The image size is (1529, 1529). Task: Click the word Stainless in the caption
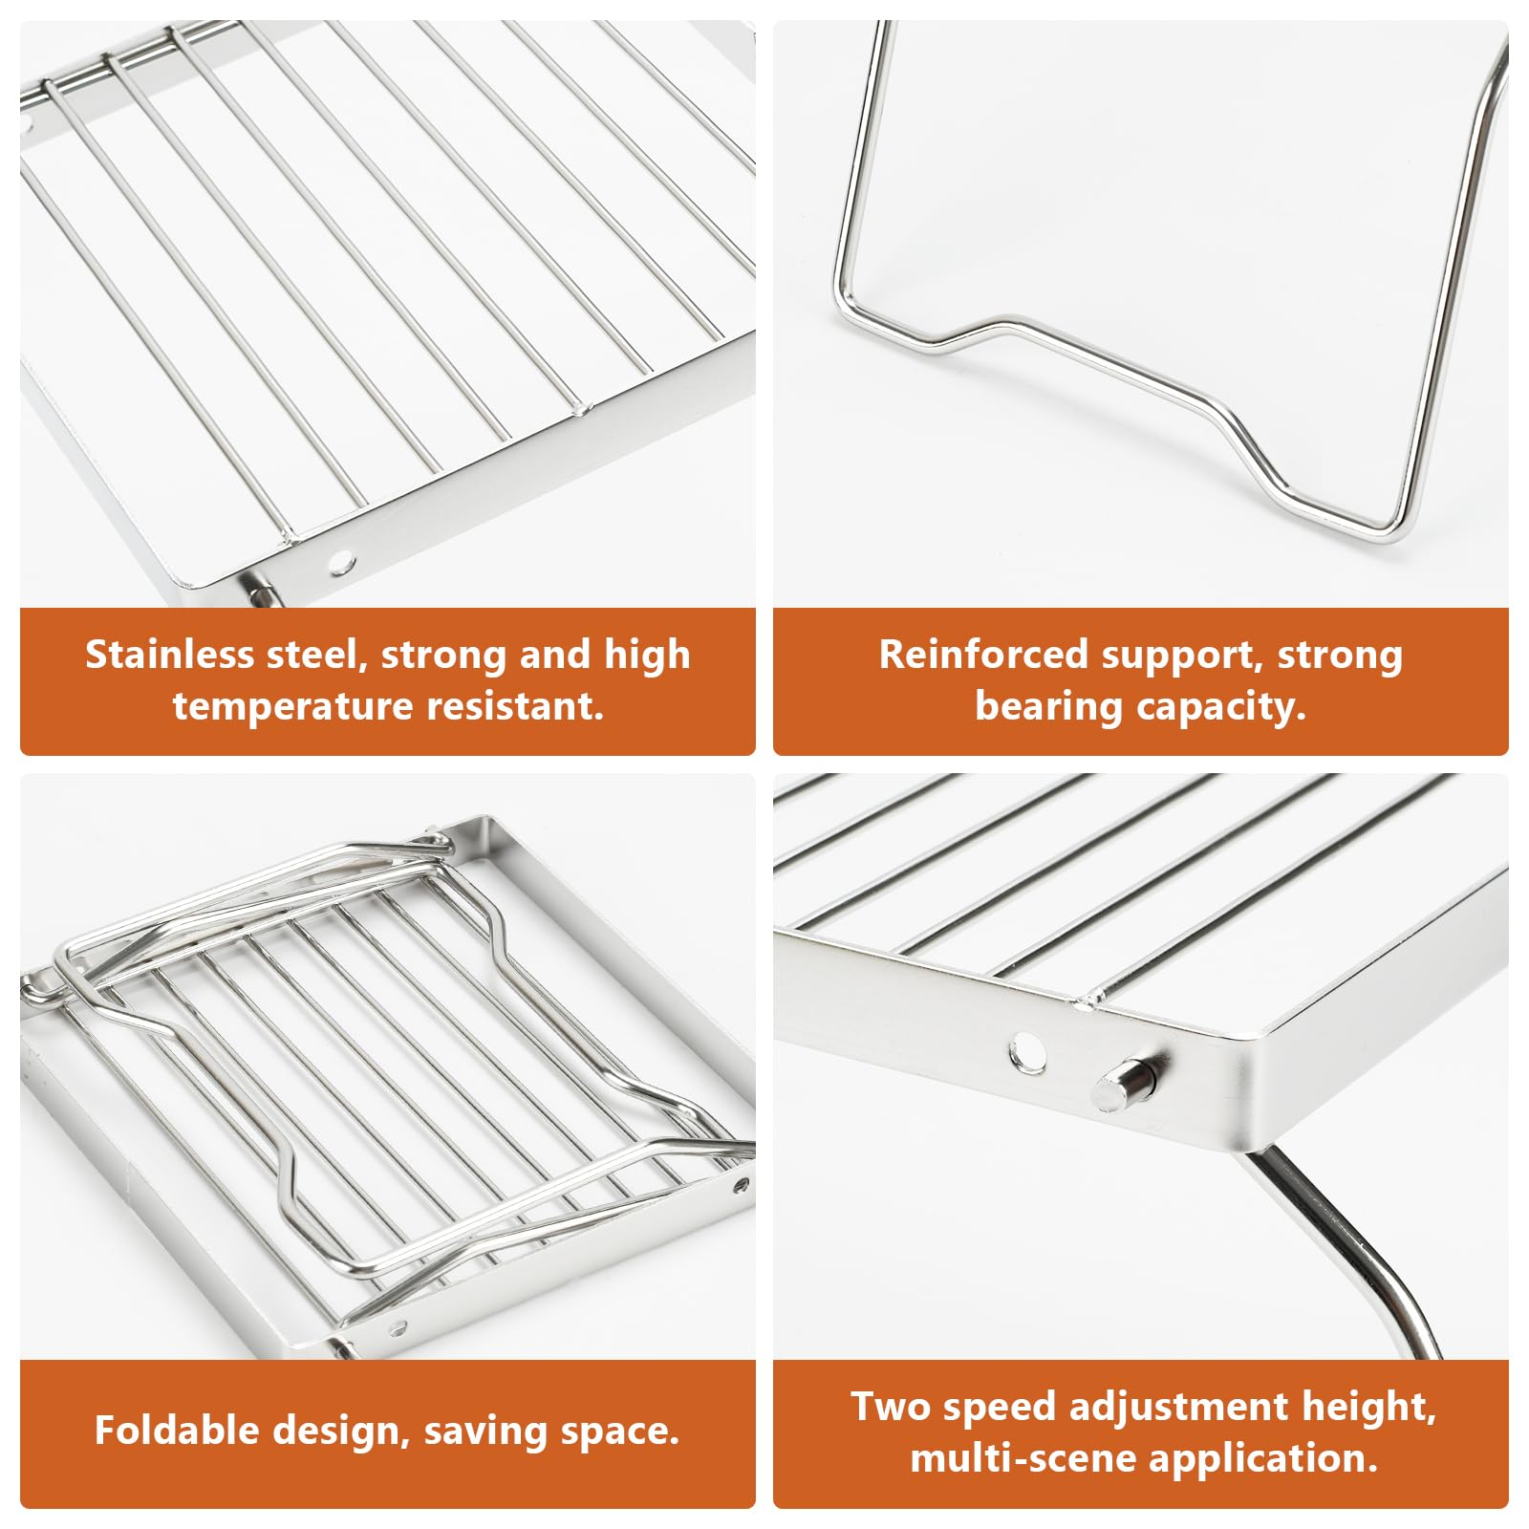point(170,655)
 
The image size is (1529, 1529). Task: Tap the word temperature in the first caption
point(292,706)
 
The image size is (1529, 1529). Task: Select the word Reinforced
point(982,655)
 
